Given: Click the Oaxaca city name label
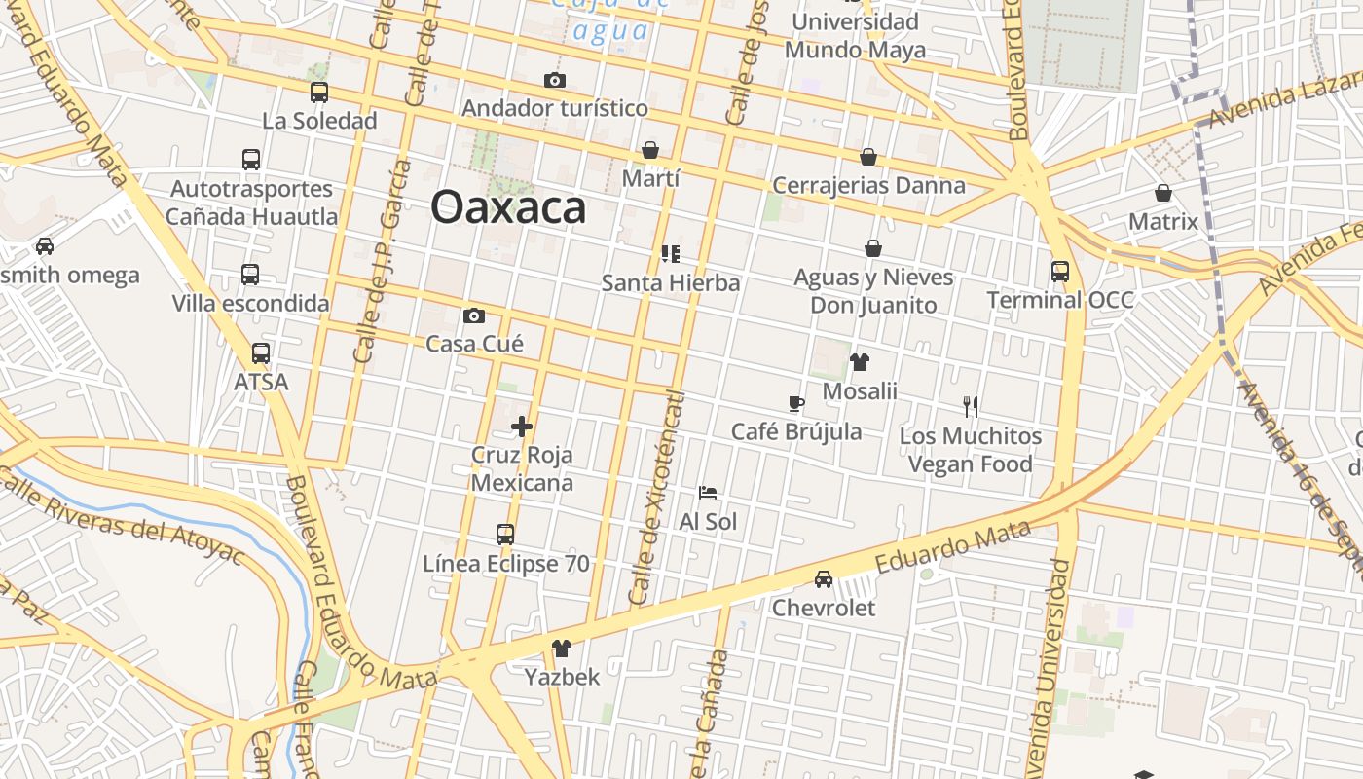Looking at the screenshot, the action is pos(508,207).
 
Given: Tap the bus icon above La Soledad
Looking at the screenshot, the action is pos(319,93).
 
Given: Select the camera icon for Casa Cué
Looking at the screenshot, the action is pos(474,315).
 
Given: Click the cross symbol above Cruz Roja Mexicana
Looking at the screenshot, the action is pos(522,426).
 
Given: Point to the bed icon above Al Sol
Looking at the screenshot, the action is pos(708,493).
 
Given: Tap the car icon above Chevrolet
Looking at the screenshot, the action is pos(824,579).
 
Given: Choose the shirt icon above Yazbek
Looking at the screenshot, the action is pos(562,648).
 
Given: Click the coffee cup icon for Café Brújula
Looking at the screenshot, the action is pos(796,403).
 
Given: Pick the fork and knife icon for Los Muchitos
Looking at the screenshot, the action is pos(970,407).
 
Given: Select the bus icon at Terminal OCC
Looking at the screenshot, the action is pos(1060,272).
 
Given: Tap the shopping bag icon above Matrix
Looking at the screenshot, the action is pos(1163,193).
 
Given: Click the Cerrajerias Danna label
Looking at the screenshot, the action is pos(868,185).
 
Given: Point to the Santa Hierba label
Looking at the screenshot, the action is pos(671,283).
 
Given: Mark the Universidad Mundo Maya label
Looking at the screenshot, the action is pos(855,35).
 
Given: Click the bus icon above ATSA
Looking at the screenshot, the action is pos(261,353).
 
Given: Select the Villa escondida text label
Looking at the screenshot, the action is pos(251,304).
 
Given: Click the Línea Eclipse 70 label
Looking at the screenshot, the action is pos(505,564).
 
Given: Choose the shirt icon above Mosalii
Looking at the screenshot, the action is pos(859,362).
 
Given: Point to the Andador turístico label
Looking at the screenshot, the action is pos(555,108).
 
